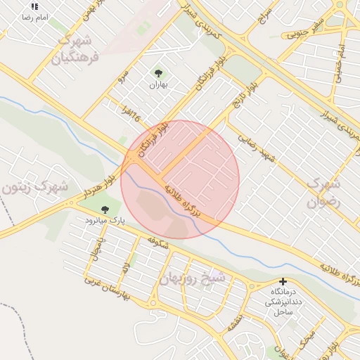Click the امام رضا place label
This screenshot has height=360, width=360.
(x=34, y=16)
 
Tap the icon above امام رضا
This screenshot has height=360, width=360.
(x=34, y=6)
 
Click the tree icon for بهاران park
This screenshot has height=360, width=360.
(x=157, y=72)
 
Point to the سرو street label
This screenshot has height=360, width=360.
(x=122, y=73)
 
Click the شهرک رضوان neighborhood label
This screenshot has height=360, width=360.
(x=324, y=193)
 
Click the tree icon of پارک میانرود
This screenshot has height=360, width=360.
(x=105, y=209)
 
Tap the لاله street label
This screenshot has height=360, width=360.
(x=125, y=268)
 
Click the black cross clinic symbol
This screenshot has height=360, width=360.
(x=283, y=281)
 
